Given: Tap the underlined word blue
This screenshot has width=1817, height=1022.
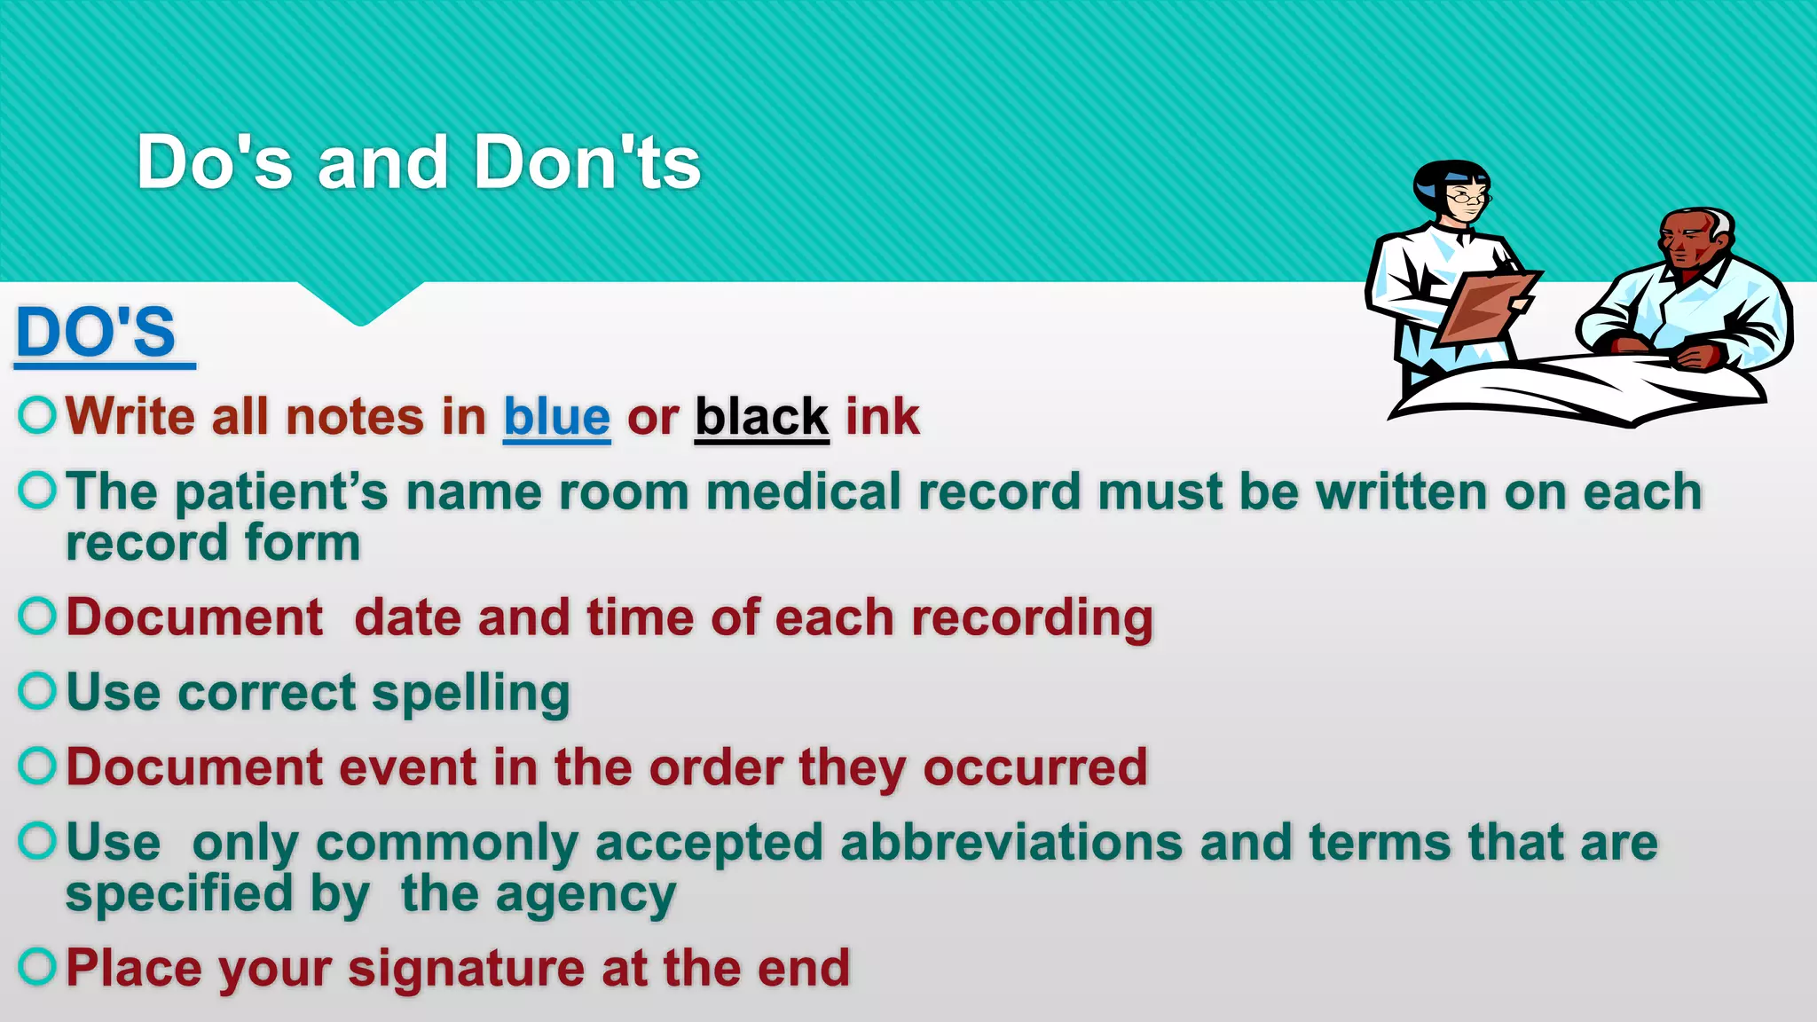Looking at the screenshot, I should (556, 417).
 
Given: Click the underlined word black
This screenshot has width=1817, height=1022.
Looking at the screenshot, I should (761, 417).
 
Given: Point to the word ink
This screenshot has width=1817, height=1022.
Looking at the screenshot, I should (882, 417).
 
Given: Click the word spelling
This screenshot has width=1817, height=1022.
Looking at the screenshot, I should (470, 694).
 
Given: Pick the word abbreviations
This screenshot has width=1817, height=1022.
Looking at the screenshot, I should (1011, 843).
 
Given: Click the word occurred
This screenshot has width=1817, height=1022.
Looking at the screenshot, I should (1035, 767).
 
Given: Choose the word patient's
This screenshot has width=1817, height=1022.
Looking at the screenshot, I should (282, 492).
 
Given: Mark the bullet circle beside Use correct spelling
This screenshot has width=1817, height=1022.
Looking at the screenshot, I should (37, 691).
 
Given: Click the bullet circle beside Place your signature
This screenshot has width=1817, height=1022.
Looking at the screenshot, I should (37, 966).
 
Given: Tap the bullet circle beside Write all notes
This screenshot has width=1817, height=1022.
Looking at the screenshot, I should (37, 414).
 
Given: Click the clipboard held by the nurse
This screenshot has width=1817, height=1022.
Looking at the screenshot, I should (1485, 306).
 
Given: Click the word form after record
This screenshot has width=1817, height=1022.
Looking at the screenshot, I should (302, 543).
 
